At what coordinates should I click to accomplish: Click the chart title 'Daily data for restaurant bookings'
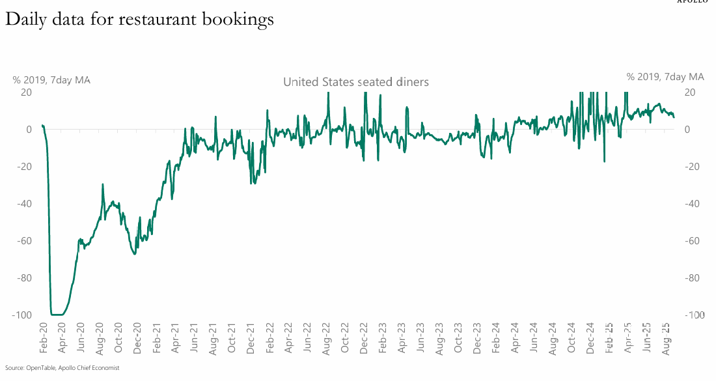click(x=139, y=20)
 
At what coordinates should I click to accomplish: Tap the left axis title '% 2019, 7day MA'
click(x=51, y=80)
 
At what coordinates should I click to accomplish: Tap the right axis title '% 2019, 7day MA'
click(x=665, y=76)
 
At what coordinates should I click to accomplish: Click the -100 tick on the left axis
click(x=21, y=315)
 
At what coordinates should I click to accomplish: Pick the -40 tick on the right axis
click(x=695, y=204)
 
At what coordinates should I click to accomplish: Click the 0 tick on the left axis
click(x=28, y=130)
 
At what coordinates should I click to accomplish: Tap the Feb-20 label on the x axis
click(x=43, y=337)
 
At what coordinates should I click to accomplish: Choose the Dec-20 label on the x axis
click(x=137, y=337)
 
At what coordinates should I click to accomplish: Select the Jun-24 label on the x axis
click(x=534, y=337)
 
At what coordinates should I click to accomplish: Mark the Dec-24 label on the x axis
click(x=590, y=337)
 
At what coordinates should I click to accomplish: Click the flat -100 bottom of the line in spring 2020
click(x=57, y=315)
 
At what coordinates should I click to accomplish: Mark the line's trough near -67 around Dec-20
click(x=135, y=253)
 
